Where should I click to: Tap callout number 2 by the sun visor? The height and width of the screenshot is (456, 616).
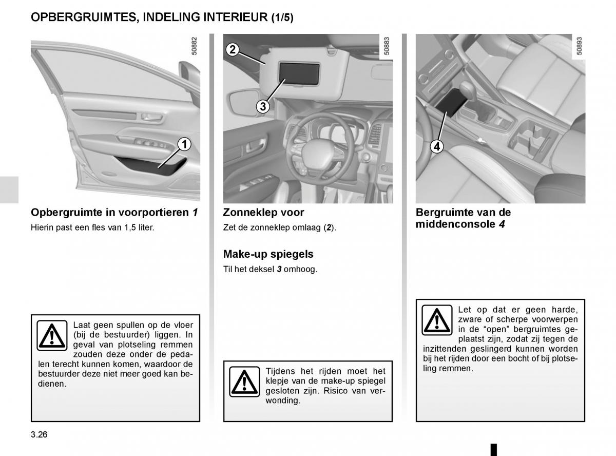(233, 49)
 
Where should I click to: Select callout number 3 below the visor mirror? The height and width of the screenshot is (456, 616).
(262, 107)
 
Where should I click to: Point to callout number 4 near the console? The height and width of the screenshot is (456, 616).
(436, 146)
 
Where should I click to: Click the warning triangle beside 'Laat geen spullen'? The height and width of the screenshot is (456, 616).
(52, 335)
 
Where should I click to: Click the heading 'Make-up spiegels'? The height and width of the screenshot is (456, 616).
(268, 254)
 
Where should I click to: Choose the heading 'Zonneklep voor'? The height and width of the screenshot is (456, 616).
(263, 212)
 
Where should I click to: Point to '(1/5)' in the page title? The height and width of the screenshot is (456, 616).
(282, 18)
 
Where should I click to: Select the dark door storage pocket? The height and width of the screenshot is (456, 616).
(155, 165)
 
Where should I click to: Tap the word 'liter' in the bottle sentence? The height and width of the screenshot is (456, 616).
(144, 226)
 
